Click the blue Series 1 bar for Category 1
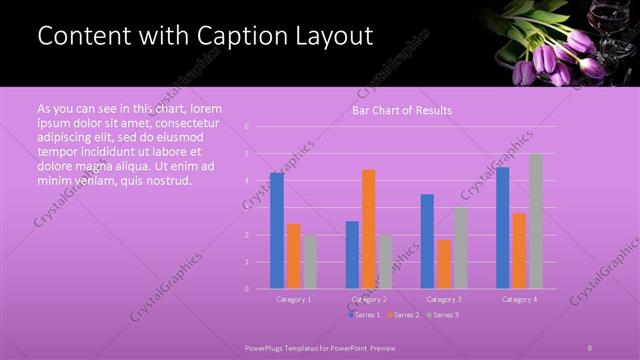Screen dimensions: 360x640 (x=277, y=231)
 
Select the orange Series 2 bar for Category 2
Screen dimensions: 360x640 (x=368, y=229)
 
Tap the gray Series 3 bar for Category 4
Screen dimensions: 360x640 (x=535, y=221)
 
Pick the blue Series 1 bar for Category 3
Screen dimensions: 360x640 (x=427, y=241)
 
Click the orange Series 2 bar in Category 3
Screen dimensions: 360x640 (x=443, y=264)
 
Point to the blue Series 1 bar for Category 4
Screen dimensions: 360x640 (x=502, y=228)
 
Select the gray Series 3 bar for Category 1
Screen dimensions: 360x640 (x=310, y=262)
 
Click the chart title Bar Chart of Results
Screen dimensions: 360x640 (x=402, y=110)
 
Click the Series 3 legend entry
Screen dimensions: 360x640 (x=443, y=315)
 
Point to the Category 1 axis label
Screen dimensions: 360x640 (x=294, y=299)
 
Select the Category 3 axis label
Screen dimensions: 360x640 (x=444, y=299)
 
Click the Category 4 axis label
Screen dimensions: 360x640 (x=519, y=299)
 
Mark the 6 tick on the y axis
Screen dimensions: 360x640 (x=246, y=127)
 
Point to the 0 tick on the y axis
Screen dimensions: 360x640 (x=246, y=289)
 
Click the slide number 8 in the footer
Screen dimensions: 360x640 (x=590, y=346)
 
